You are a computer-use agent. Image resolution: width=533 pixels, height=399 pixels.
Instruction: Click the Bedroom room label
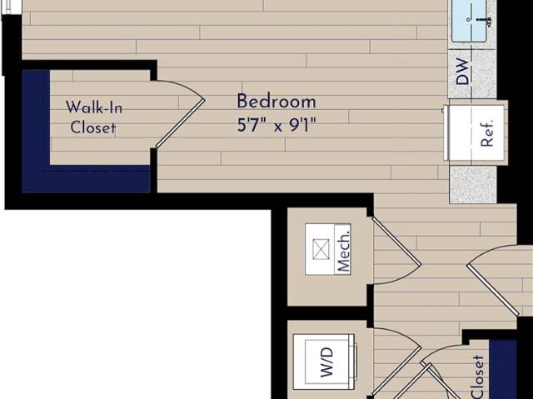click(276, 102)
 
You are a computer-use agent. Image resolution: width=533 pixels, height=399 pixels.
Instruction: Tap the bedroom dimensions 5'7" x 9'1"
click(276, 126)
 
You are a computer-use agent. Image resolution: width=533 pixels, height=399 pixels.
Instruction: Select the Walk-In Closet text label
click(93, 117)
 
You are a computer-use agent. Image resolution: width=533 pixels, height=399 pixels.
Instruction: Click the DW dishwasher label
click(462, 71)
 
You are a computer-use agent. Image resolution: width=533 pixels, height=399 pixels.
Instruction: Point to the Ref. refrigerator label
click(487, 133)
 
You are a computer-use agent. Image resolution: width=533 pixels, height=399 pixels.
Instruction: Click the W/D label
click(326, 362)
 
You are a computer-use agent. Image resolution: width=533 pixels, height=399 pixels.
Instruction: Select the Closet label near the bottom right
click(477, 377)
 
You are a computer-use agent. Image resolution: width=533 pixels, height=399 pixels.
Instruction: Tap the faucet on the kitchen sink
click(482, 20)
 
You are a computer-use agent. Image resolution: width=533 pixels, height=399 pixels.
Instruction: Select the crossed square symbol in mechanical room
click(321, 249)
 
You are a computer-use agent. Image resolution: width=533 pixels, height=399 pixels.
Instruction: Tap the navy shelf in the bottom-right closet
click(503, 369)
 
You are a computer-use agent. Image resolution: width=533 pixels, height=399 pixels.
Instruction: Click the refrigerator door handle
click(445, 133)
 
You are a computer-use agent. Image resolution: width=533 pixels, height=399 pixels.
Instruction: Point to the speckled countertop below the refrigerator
click(473, 185)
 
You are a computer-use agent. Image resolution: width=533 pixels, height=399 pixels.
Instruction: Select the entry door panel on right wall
click(493, 290)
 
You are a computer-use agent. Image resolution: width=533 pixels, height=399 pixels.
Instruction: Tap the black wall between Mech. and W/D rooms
click(327, 313)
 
